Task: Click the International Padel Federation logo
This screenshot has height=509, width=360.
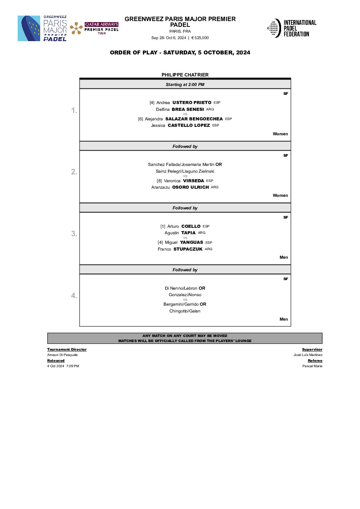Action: [292, 28]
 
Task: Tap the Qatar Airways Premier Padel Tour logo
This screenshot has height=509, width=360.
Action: [94, 29]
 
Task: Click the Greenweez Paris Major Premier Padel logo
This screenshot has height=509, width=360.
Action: [43, 29]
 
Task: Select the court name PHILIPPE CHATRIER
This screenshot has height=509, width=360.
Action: [185, 75]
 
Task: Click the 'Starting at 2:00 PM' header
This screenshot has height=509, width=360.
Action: [185, 85]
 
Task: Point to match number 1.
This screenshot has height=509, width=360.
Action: [74, 110]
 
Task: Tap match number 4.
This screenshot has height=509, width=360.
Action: [74, 295]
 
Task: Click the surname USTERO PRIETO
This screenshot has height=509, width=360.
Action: [192, 103]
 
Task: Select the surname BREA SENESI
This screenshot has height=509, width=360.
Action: [188, 109]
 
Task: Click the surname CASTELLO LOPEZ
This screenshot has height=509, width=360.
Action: [189, 125]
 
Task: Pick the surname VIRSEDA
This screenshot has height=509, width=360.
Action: [193, 181]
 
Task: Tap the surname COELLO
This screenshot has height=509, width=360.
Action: [191, 226]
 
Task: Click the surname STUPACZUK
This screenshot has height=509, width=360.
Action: [188, 249]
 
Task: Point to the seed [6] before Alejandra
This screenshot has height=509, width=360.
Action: [141, 119]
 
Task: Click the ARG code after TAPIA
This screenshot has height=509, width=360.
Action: [202, 233]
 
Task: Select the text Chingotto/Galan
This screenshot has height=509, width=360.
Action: [185, 311]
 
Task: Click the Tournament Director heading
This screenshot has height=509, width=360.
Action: [67, 350]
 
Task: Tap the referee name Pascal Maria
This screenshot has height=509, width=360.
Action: [312, 366]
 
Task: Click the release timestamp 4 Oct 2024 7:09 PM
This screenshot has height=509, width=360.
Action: [63, 366]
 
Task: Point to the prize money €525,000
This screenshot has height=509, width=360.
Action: [200, 38]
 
